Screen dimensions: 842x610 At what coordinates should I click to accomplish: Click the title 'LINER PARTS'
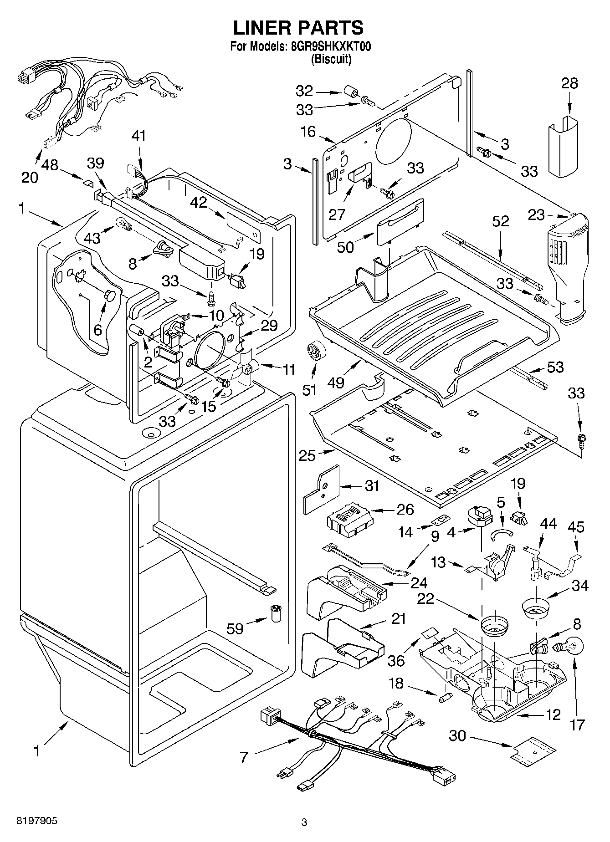click(x=298, y=28)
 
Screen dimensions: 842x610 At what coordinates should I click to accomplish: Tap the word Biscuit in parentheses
click(x=331, y=59)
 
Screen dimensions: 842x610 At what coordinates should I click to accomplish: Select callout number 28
click(x=569, y=83)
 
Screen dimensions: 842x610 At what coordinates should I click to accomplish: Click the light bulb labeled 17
click(x=568, y=647)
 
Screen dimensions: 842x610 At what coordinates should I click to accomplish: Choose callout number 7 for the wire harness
click(x=244, y=758)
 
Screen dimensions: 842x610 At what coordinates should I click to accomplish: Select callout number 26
click(x=405, y=509)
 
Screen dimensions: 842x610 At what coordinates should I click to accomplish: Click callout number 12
click(x=553, y=714)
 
